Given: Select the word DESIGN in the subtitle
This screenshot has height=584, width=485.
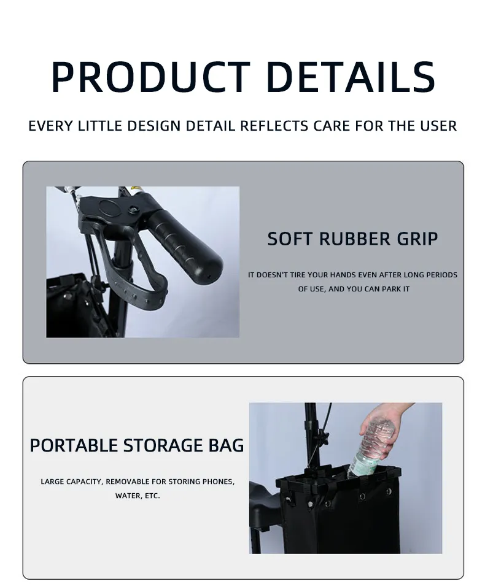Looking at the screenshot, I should [153, 126].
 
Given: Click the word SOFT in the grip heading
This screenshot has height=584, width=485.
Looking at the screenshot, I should [290, 239].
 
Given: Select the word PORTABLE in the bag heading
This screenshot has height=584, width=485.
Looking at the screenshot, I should [74, 445].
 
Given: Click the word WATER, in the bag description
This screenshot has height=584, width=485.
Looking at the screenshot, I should [128, 496].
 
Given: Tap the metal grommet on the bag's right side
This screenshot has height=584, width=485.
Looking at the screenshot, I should [388, 492].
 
